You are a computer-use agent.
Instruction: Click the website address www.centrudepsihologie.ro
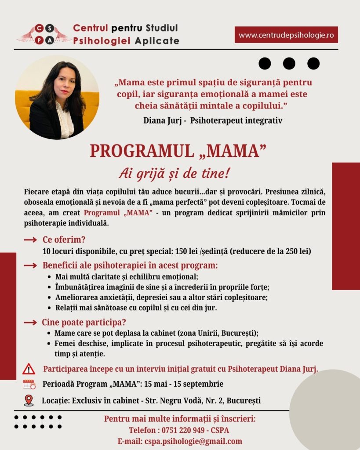tap(286, 35)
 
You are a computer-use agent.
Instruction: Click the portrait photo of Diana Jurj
tap(57, 97)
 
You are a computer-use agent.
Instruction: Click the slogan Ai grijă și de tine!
tap(174, 174)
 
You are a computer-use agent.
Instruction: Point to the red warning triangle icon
tap(29, 369)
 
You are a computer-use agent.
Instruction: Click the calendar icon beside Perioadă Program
tap(29, 384)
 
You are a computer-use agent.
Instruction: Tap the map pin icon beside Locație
tap(29, 400)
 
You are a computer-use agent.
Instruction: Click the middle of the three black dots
tap(289, 64)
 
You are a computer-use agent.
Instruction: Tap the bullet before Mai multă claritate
tap(48, 277)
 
